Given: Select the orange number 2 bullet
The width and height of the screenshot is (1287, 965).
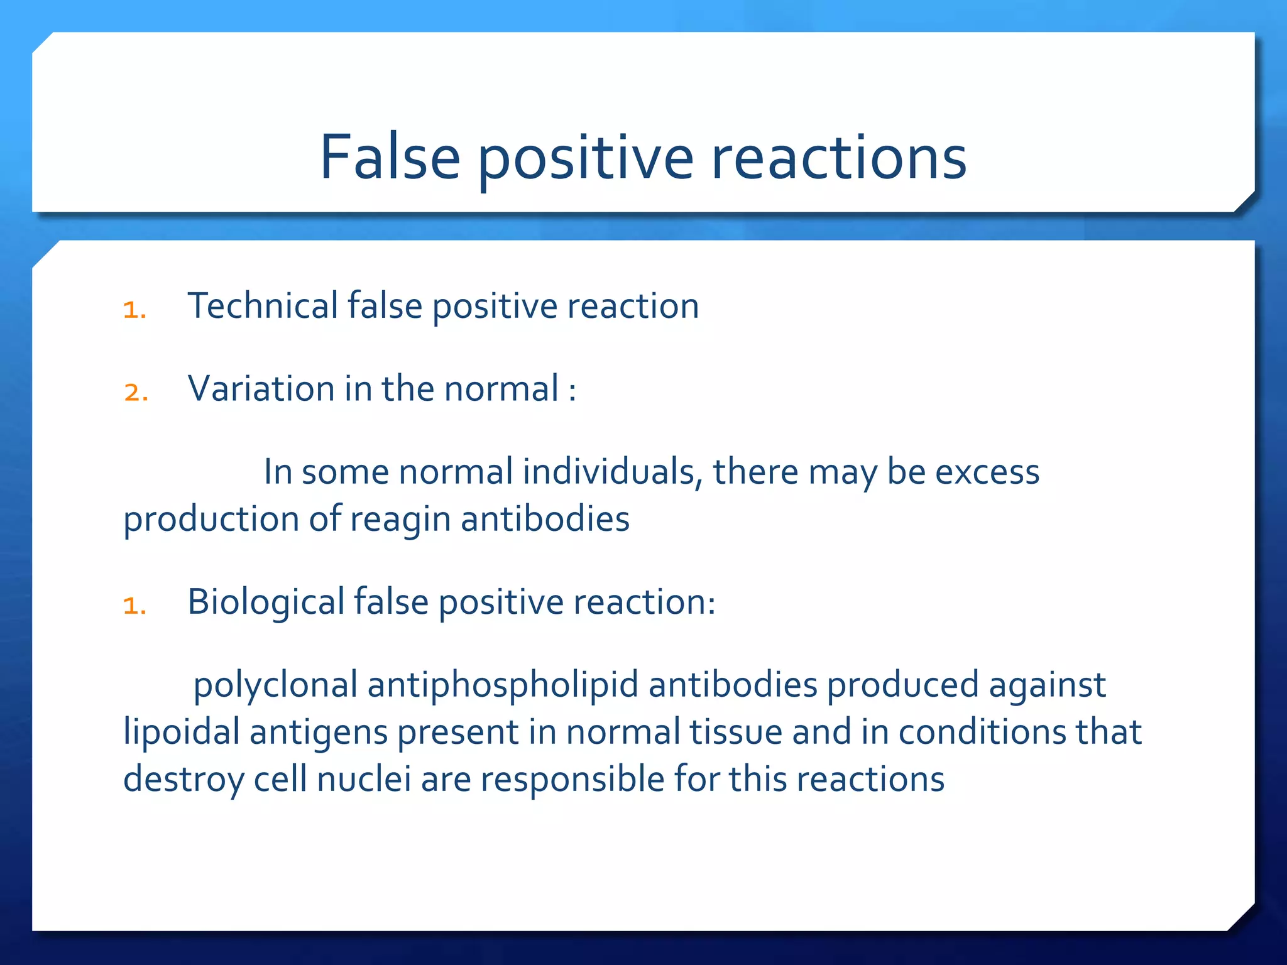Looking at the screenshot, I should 134,393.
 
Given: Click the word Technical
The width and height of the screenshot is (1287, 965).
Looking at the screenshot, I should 263,306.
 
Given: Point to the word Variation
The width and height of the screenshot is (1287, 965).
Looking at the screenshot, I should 261,389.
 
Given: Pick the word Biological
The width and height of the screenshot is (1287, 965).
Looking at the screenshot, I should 266,602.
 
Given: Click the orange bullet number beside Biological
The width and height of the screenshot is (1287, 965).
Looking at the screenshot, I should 134,606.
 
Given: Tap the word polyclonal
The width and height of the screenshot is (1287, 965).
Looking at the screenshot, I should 275,685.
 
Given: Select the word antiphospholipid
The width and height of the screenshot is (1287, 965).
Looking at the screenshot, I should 503,685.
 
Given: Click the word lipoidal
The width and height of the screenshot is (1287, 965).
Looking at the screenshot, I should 181,733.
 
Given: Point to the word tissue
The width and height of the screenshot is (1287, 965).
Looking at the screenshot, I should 735,733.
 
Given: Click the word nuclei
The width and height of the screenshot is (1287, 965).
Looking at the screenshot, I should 363,780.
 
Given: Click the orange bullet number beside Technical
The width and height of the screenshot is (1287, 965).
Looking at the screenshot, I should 134,310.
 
